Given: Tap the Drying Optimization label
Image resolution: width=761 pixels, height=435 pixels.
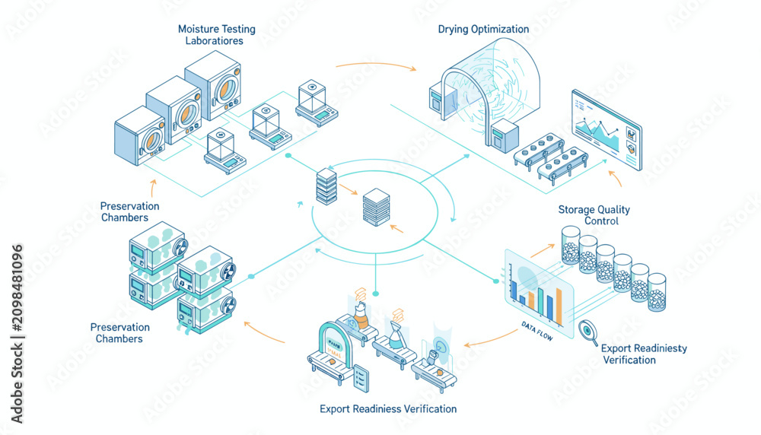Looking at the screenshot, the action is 483,29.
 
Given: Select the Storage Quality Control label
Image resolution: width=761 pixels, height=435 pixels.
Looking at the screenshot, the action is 594,214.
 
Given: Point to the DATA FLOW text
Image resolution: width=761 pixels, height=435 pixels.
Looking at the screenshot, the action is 537,331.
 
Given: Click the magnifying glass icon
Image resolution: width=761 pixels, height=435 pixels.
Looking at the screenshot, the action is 587,332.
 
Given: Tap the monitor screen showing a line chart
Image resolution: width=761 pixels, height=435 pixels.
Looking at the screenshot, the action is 607,129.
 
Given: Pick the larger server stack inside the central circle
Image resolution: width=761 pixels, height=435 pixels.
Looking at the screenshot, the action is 376,207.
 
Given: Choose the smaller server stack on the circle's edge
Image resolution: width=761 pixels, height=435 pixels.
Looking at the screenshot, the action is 326,186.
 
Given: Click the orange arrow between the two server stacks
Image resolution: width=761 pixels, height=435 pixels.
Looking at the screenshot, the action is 348,189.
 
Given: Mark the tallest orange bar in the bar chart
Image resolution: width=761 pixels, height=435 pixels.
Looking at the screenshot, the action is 559,306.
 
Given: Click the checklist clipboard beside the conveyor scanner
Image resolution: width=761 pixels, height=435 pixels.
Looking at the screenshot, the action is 361,378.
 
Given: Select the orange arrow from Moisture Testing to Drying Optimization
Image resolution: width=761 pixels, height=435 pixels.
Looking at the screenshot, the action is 376,65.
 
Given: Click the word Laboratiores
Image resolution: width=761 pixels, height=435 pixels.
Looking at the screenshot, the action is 214,41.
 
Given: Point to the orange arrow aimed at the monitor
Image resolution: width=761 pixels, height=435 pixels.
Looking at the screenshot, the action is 615,179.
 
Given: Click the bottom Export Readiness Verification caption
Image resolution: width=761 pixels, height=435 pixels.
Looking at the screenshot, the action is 388,409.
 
